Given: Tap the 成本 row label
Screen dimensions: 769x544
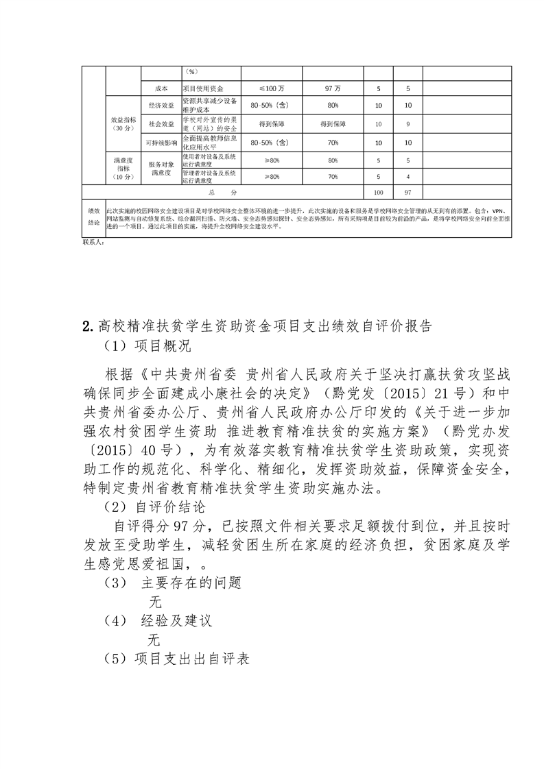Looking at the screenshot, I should pos(161,89).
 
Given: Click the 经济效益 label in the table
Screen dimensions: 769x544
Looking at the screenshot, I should pos(161,105).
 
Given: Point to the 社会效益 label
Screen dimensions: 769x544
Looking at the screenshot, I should pos(161,124).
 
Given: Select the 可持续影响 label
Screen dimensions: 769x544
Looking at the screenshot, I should pos(161,143).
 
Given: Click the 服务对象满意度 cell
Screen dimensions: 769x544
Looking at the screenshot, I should pos(161,169).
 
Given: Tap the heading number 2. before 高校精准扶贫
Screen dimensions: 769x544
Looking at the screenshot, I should pos(86,325).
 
